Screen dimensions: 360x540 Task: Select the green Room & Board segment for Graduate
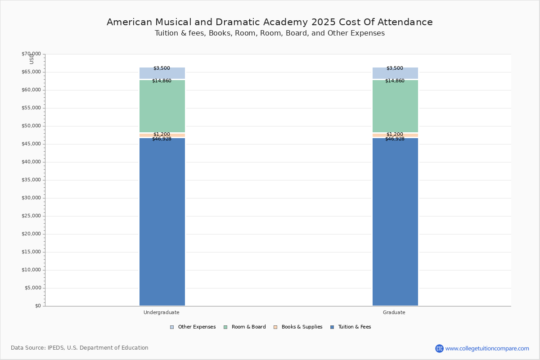click(395, 106)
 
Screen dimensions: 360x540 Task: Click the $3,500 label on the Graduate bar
click(395, 68)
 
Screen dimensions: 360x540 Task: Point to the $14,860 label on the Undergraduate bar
click(162, 81)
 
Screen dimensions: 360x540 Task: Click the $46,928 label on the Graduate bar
click(395, 139)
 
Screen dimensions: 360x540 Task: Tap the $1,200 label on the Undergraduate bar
click(162, 134)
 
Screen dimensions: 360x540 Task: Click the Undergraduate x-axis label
click(162, 312)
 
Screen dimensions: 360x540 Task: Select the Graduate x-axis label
click(394, 312)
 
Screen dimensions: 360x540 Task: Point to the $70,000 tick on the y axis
click(31, 54)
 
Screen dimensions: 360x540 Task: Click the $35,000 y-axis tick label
click(31, 180)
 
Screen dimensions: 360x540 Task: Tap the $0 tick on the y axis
click(37, 306)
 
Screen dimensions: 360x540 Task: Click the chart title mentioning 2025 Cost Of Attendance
click(270, 22)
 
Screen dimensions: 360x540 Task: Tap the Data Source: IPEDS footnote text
click(80, 348)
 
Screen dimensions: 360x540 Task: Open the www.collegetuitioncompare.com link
click(487, 348)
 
